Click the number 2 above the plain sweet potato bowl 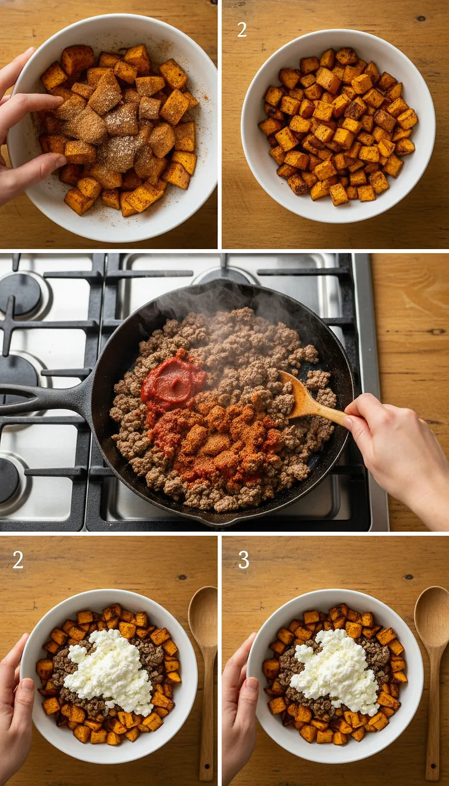coord(241,29)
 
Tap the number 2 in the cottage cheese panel coord(18,560)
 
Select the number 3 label coord(243,560)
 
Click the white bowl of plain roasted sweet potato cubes coord(338,126)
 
